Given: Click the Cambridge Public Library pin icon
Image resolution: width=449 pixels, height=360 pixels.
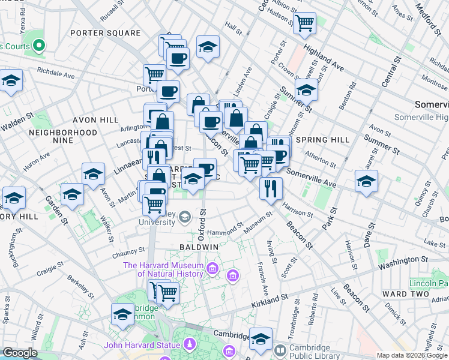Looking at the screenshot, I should pos(279,350).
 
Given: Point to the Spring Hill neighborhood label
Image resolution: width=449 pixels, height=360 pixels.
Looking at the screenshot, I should pos(327,140).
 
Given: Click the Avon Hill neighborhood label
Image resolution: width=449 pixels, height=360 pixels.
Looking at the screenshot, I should pos(96,120).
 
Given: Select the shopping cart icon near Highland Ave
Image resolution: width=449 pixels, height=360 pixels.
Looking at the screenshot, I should pos(305,23).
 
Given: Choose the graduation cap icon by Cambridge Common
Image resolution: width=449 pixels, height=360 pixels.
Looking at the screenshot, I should pos(123,313).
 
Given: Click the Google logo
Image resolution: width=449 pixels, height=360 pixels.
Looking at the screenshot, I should pos(20,353).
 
